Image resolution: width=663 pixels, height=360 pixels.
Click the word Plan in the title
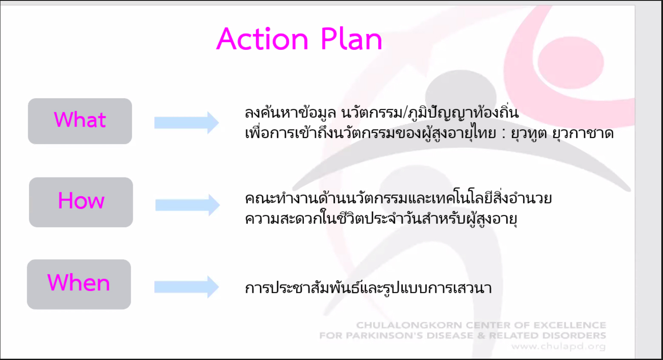(352, 39)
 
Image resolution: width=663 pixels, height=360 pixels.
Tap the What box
(80, 121)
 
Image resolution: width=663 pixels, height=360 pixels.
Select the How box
(81, 202)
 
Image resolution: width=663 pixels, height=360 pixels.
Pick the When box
(79, 285)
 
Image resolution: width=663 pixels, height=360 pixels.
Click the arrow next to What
(186, 123)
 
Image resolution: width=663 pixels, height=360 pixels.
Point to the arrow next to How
(188, 205)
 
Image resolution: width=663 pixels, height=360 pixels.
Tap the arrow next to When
(186, 287)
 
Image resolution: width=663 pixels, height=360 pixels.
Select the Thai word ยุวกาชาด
(583, 134)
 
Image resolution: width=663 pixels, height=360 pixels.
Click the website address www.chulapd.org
(558, 346)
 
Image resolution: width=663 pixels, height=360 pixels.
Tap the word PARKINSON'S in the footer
(392, 336)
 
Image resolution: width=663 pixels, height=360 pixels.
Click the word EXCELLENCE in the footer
(570, 326)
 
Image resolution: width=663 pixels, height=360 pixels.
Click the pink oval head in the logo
(571, 63)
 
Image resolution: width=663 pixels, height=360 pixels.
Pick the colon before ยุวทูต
(503, 134)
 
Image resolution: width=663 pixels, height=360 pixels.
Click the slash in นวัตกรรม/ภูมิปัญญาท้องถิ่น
(405, 113)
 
